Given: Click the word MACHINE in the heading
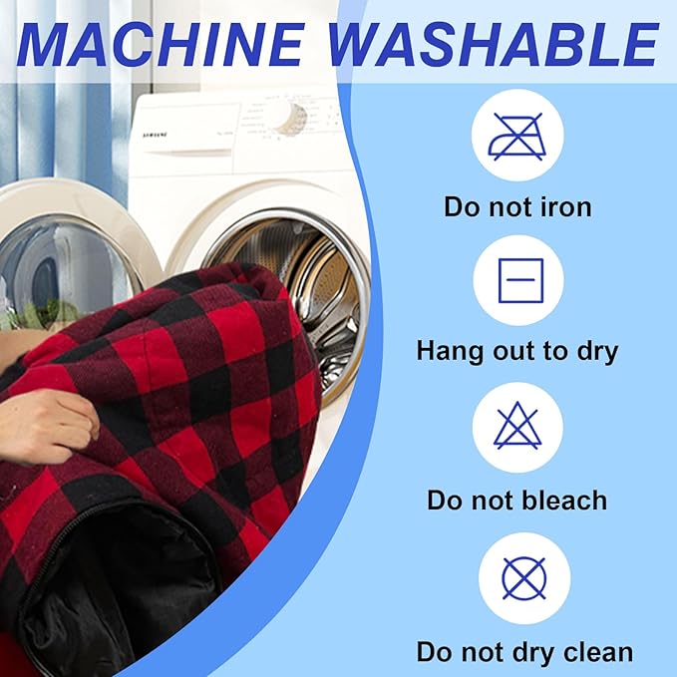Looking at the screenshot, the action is (161, 44).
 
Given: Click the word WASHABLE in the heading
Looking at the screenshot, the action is (495, 44).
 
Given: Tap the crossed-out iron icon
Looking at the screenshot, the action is (517, 137).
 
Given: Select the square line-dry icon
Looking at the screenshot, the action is (520, 280).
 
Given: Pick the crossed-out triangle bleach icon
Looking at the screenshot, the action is (517, 426).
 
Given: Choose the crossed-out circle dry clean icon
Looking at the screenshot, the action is (524, 578).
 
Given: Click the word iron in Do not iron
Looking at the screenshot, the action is (566, 206).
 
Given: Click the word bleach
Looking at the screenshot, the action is (564, 501).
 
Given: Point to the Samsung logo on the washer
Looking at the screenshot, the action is (155, 136).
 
